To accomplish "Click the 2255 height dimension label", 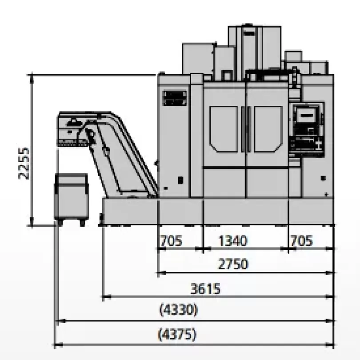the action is point(24,163).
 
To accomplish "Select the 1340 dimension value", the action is point(232,240).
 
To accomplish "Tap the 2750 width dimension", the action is point(233,264).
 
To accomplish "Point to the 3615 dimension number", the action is point(205,288).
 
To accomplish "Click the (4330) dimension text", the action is point(178,310).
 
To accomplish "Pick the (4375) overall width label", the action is point(177,334).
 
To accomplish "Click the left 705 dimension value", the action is point(171,240).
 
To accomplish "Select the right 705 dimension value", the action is point(301,240).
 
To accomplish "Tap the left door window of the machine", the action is point(224,129).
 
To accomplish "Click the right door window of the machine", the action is point(268,129).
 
